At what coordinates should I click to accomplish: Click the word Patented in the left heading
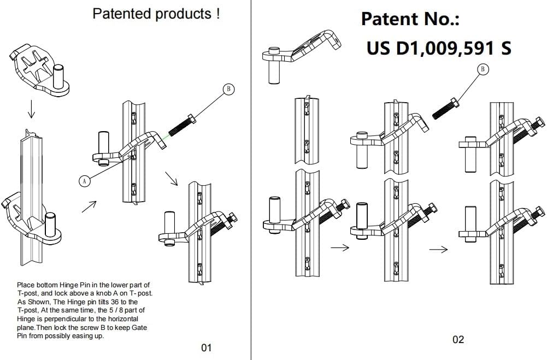point(122,14)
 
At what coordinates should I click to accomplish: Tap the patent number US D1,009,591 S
point(439,48)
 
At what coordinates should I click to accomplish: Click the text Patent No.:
point(410,19)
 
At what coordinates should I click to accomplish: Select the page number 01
point(206,347)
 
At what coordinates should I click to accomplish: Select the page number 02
point(458,340)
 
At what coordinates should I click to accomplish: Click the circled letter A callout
point(84,181)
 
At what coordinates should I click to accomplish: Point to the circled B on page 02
point(483,69)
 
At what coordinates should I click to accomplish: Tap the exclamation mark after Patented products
point(217,14)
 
